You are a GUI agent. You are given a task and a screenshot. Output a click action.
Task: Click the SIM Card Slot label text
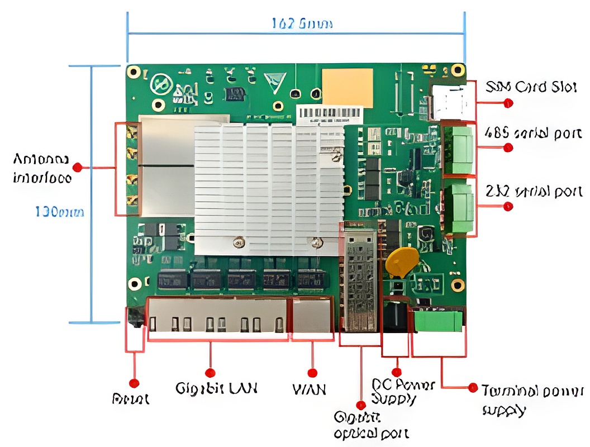pos(530,87)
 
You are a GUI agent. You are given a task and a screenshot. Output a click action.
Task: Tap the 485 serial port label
pos(533,134)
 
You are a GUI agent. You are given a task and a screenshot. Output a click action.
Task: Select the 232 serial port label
pos(534,192)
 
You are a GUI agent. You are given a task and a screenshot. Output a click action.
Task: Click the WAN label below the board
pos(309,389)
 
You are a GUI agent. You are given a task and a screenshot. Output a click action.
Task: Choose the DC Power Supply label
pos(402,392)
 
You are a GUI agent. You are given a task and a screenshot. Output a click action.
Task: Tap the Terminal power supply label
pos(532,400)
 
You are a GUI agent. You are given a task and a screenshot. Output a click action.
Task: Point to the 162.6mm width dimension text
pos(302,23)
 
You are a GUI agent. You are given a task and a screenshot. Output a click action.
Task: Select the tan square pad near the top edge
pos(348,88)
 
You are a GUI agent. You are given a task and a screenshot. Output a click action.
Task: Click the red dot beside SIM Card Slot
pos(508,103)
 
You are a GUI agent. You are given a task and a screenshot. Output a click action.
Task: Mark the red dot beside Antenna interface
pos(78,167)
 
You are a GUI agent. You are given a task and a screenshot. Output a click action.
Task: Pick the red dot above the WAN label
pos(312,373)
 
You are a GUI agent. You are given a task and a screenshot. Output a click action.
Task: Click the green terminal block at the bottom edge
pos(438,321)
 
